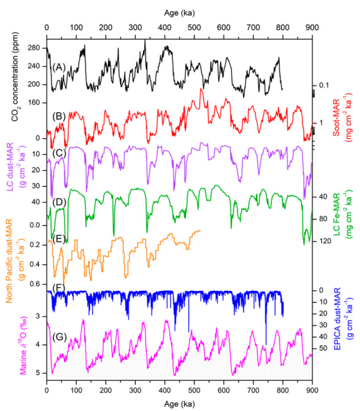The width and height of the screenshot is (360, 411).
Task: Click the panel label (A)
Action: pos(57,67)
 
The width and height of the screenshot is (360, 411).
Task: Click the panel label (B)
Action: pos(57,116)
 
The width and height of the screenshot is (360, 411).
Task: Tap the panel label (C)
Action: pos(57,153)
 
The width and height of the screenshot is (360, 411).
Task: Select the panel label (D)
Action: pos(57,201)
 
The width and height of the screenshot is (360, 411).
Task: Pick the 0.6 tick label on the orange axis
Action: pos(36,284)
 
